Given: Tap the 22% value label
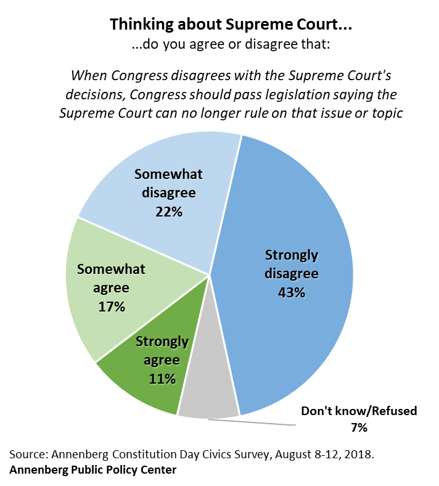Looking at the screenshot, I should pos(168,212).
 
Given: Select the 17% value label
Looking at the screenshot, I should pos(111,306).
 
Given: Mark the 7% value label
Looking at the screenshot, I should pos(358,427).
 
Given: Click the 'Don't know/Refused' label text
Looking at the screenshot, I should pos(358,411).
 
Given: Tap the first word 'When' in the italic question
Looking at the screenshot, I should pos(88,76).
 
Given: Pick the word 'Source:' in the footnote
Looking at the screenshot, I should pos(29,455).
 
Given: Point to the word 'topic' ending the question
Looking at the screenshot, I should pos(382,115).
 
